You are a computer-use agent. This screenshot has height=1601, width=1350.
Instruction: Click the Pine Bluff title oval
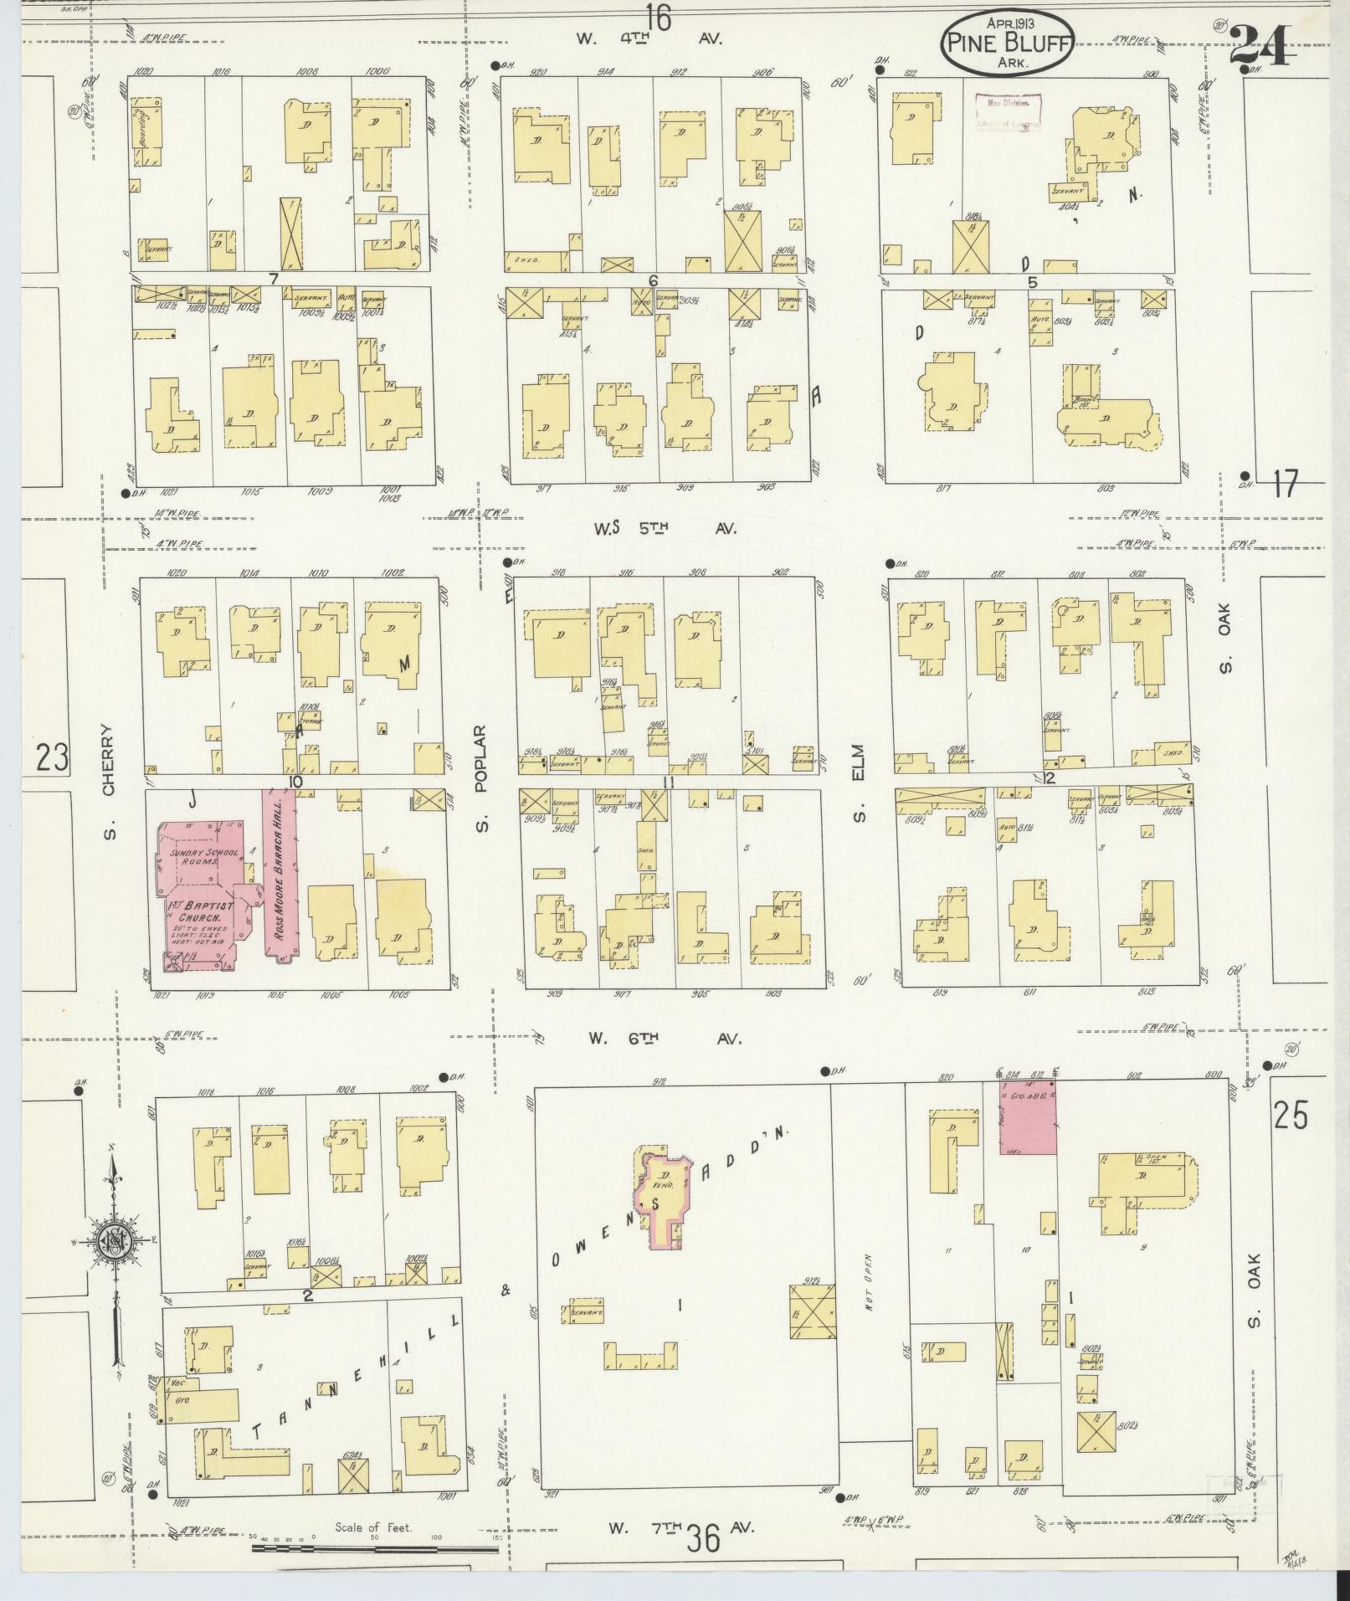click(x=1007, y=40)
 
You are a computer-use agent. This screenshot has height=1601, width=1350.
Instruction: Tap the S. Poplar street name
click(x=480, y=778)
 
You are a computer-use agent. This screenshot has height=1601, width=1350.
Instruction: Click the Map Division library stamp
click(x=1009, y=112)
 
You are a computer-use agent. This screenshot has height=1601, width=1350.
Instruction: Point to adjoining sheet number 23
click(x=52, y=757)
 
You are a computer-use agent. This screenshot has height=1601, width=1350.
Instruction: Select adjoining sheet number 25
click(x=1291, y=1116)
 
